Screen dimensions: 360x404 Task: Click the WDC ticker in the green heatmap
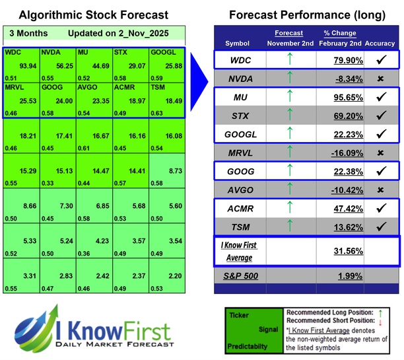point(13,51)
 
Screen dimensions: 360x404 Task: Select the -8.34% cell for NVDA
point(338,79)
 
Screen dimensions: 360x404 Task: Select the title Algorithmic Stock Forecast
point(92,15)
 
